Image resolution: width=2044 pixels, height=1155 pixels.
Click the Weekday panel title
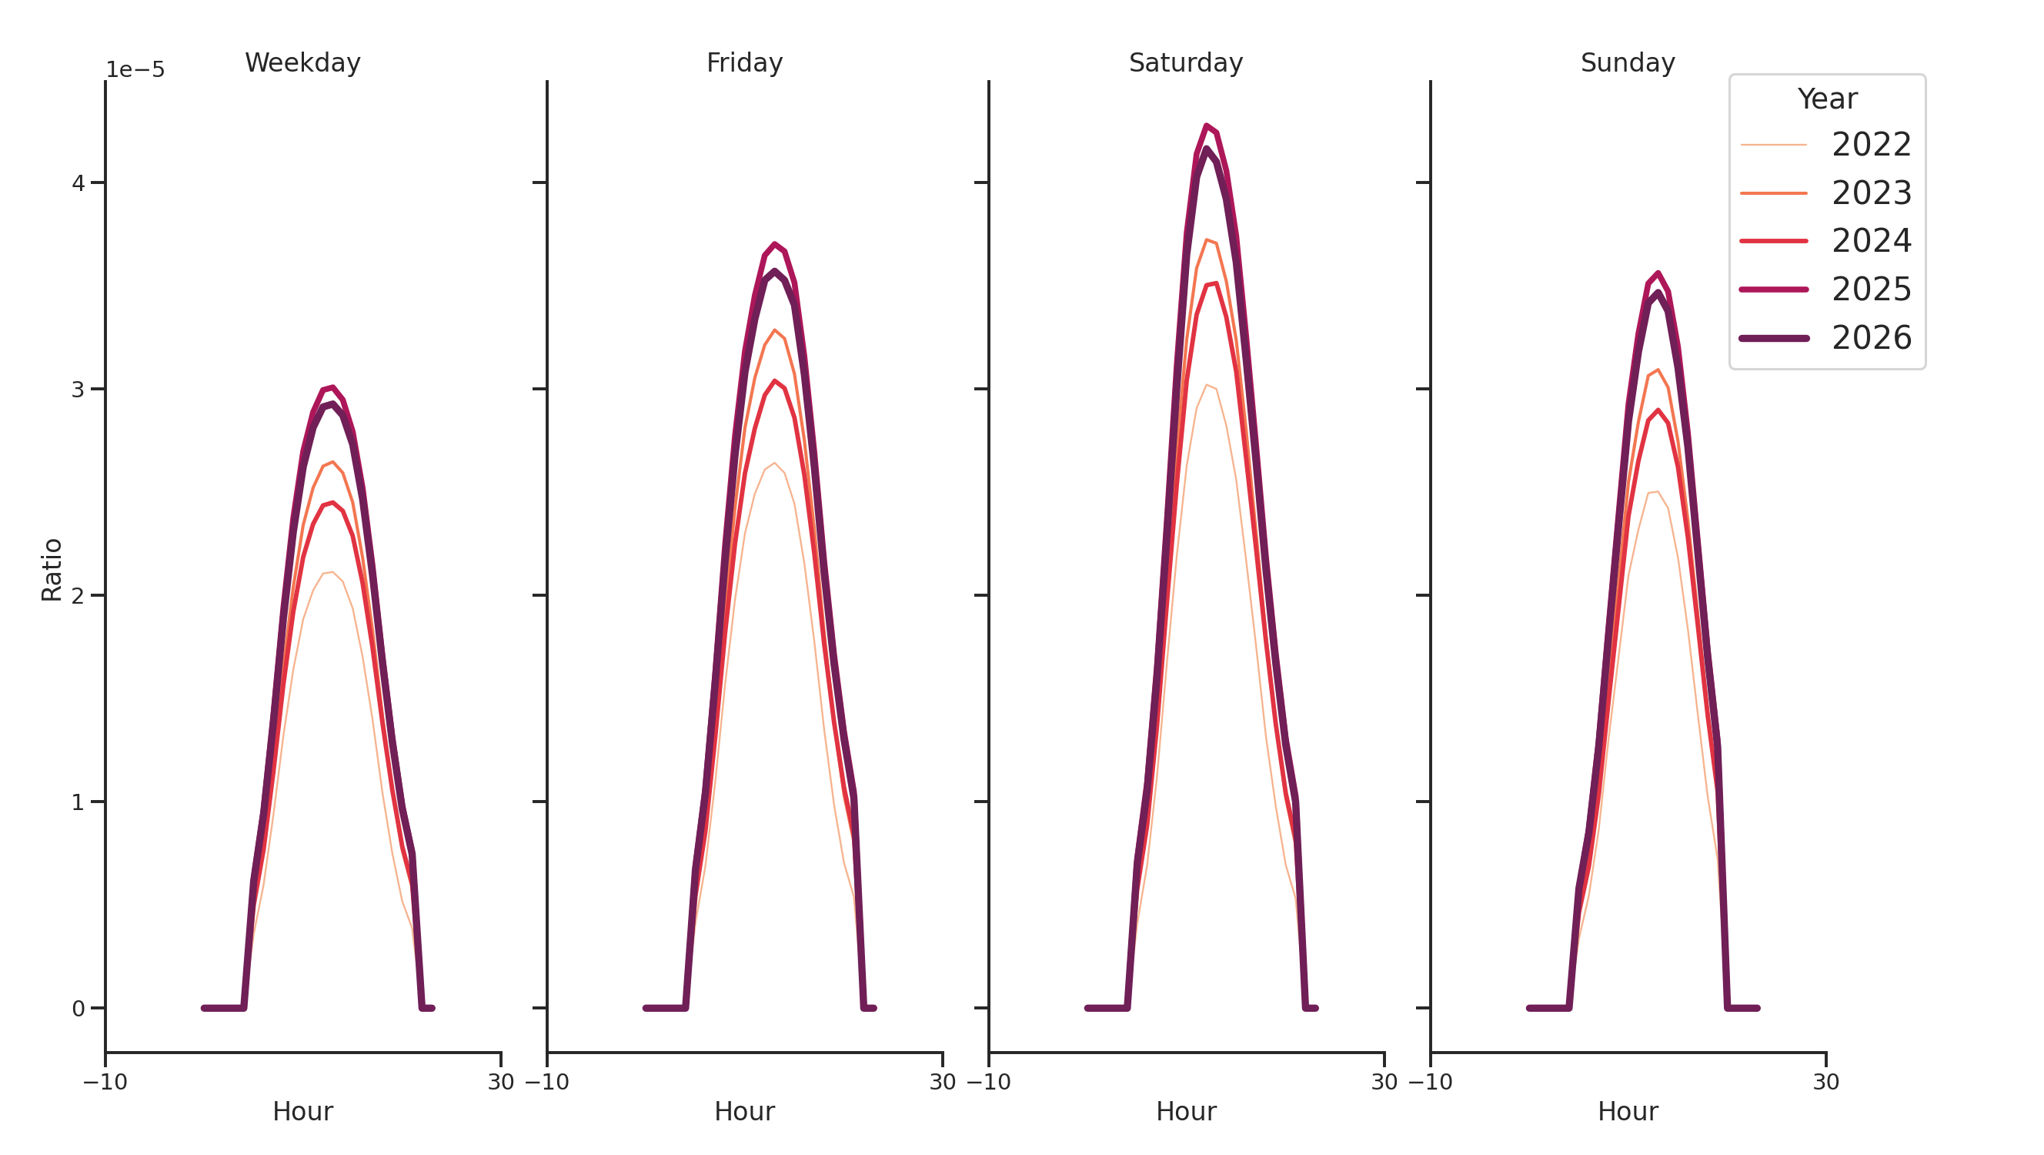(x=302, y=62)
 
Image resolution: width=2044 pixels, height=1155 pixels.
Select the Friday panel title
(x=744, y=62)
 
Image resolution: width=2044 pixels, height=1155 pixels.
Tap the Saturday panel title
(x=1185, y=62)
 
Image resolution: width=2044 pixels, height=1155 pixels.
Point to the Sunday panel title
(x=1628, y=62)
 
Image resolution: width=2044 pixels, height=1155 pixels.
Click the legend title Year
(x=1826, y=99)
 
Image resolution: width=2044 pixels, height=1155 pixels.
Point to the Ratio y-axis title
(x=52, y=569)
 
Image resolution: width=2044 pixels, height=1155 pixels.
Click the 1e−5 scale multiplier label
(x=135, y=70)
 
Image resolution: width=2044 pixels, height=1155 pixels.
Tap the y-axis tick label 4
(x=78, y=183)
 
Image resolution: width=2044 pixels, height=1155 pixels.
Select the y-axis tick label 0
(x=78, y=1009)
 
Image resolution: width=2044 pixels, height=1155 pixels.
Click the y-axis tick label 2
(x=78, y=596)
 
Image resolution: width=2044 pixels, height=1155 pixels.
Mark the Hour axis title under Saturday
(x=1185, y=1111)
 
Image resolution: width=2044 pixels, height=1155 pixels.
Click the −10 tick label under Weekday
(x=105, y=1082)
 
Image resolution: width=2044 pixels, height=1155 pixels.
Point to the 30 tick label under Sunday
(x=1825, y=1082)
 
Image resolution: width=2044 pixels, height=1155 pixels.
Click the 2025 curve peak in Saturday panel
(x=1206, y=126)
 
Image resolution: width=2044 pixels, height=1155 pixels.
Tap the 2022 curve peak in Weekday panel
(x=332, y=571)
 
